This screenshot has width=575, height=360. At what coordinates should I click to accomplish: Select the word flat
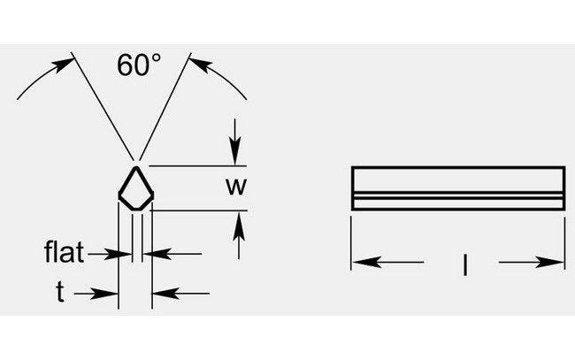65,255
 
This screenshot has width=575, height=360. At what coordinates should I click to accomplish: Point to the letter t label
60,293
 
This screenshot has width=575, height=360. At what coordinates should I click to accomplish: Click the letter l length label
464,263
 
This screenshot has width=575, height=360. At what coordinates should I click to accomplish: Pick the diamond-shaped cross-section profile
135,188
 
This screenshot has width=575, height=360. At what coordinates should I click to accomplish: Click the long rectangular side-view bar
458,188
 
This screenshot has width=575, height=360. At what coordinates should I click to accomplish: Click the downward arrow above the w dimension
235,156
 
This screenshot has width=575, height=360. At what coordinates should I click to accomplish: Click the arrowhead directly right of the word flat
124,255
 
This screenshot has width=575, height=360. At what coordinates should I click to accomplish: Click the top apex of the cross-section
135,166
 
